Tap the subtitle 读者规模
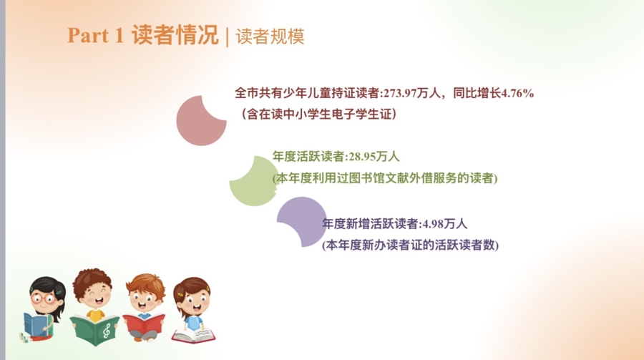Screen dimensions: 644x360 [270, 37]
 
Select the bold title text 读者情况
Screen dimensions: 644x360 [175, 35]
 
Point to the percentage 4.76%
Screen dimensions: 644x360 [517, 93]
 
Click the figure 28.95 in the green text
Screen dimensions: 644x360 [362, 157]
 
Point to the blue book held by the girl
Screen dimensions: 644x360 [37, 325]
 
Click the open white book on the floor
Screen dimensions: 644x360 [193, 335]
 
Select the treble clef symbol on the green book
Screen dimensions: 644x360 [107, 330]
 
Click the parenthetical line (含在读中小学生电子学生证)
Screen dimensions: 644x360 [319, 114]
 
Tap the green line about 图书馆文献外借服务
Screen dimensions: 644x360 [385, 178]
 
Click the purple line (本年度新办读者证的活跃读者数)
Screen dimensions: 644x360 [410, 245]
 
